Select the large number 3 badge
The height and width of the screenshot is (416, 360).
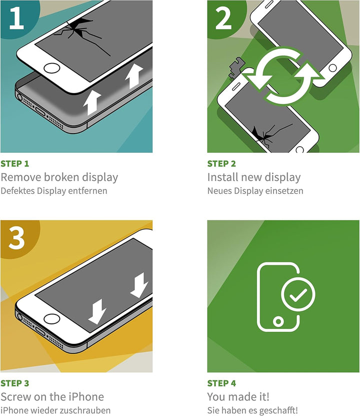coord(16,237)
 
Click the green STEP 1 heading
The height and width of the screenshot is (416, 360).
coord(15,164)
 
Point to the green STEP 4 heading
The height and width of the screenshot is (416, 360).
coord(221,383)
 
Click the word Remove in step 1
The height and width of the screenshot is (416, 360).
coord(21,177)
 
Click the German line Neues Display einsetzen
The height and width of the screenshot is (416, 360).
coord(255,191)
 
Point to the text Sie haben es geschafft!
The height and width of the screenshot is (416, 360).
coord(252,410)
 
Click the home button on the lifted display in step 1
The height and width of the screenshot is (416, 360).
coord(51,68)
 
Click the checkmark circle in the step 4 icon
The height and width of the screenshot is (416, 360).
coord(298,294)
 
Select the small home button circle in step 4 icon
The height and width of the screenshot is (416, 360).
coord(278,321)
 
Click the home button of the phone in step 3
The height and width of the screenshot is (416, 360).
coord(51,318)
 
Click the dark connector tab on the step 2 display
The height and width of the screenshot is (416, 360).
coord(235,68)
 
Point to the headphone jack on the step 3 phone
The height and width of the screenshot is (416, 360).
coord(19,316)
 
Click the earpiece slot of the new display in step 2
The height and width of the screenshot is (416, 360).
coord(269,4)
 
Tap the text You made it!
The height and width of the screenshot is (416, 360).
coord(238,396)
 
